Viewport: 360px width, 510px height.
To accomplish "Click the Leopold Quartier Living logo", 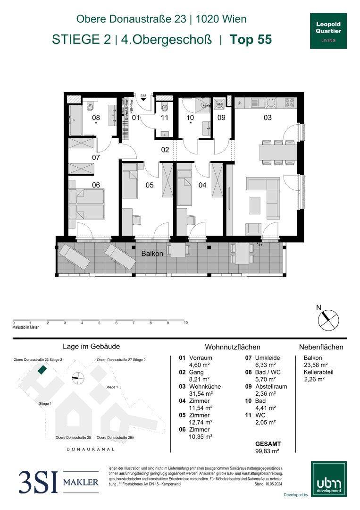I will point(328,31).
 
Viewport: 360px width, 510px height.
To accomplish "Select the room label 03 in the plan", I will point(268,118).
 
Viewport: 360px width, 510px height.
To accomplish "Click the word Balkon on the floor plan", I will point(152,254).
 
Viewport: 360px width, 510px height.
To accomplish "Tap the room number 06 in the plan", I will point(96,185).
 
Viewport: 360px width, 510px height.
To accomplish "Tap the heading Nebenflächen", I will point(321,347).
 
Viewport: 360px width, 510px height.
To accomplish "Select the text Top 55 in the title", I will point(251,40).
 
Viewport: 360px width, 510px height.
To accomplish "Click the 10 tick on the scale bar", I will point(185,323).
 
